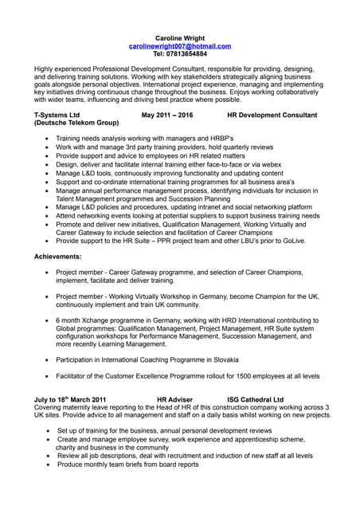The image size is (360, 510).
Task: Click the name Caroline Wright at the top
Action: (179, 37)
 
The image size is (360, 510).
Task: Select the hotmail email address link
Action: (179, 46)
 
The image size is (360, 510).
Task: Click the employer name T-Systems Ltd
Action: (57, 116)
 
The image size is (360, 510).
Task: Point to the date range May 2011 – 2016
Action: (167, 116)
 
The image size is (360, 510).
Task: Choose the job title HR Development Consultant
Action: (272, 116)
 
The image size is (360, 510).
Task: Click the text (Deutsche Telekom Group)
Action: (76, 124)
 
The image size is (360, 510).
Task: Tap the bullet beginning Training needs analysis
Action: (128, 138)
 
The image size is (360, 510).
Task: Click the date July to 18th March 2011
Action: (70, 398)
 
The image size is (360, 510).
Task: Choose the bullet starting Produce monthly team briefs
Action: (127, 464)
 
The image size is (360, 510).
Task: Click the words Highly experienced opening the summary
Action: (61, 69)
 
